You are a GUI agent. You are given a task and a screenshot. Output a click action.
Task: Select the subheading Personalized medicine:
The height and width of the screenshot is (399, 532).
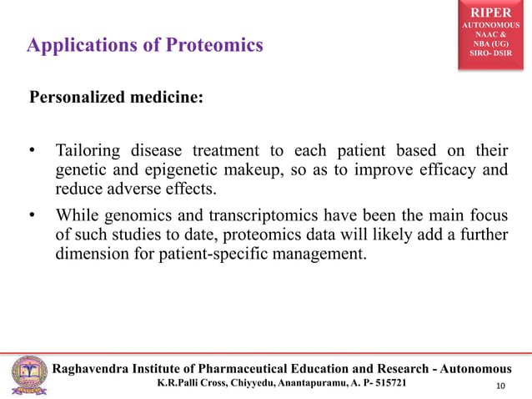coord(116,97)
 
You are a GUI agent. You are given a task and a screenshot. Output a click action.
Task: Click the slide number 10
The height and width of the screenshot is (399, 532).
coord(500,385)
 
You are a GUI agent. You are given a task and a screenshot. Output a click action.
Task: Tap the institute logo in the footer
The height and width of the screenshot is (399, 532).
coord(29,374)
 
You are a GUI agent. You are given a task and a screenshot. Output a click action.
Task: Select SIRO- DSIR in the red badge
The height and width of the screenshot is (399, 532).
coord(495,53)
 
